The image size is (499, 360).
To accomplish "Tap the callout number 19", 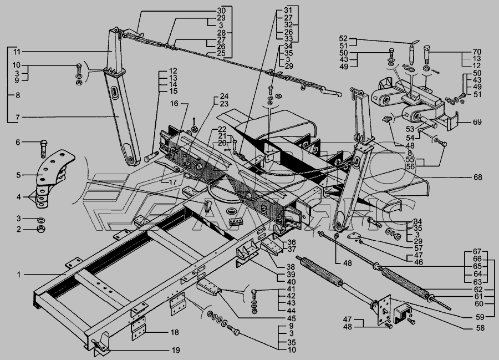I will tap(175, 351).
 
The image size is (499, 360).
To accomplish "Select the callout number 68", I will tap(478, 178).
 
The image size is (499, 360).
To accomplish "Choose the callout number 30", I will tap(206, 11).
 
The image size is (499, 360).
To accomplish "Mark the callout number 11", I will tap(17, 51).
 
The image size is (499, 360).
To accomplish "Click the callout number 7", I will tap(17, 117).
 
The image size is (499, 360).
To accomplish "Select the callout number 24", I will tap(208, 95).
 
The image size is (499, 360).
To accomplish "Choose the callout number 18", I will tap(175, 332).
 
